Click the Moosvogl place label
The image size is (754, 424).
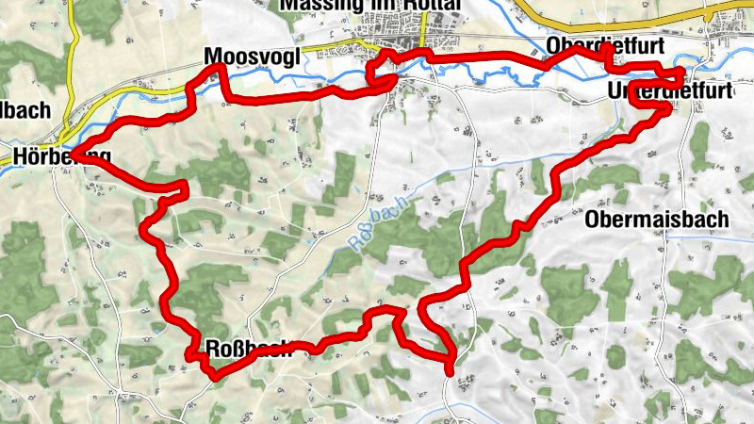pos(252,57)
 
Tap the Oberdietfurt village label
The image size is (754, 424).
pos(606,46)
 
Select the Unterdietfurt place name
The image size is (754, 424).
pos(670,92)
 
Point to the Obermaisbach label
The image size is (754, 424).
pos(657,220)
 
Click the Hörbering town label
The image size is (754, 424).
pos(62,156)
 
